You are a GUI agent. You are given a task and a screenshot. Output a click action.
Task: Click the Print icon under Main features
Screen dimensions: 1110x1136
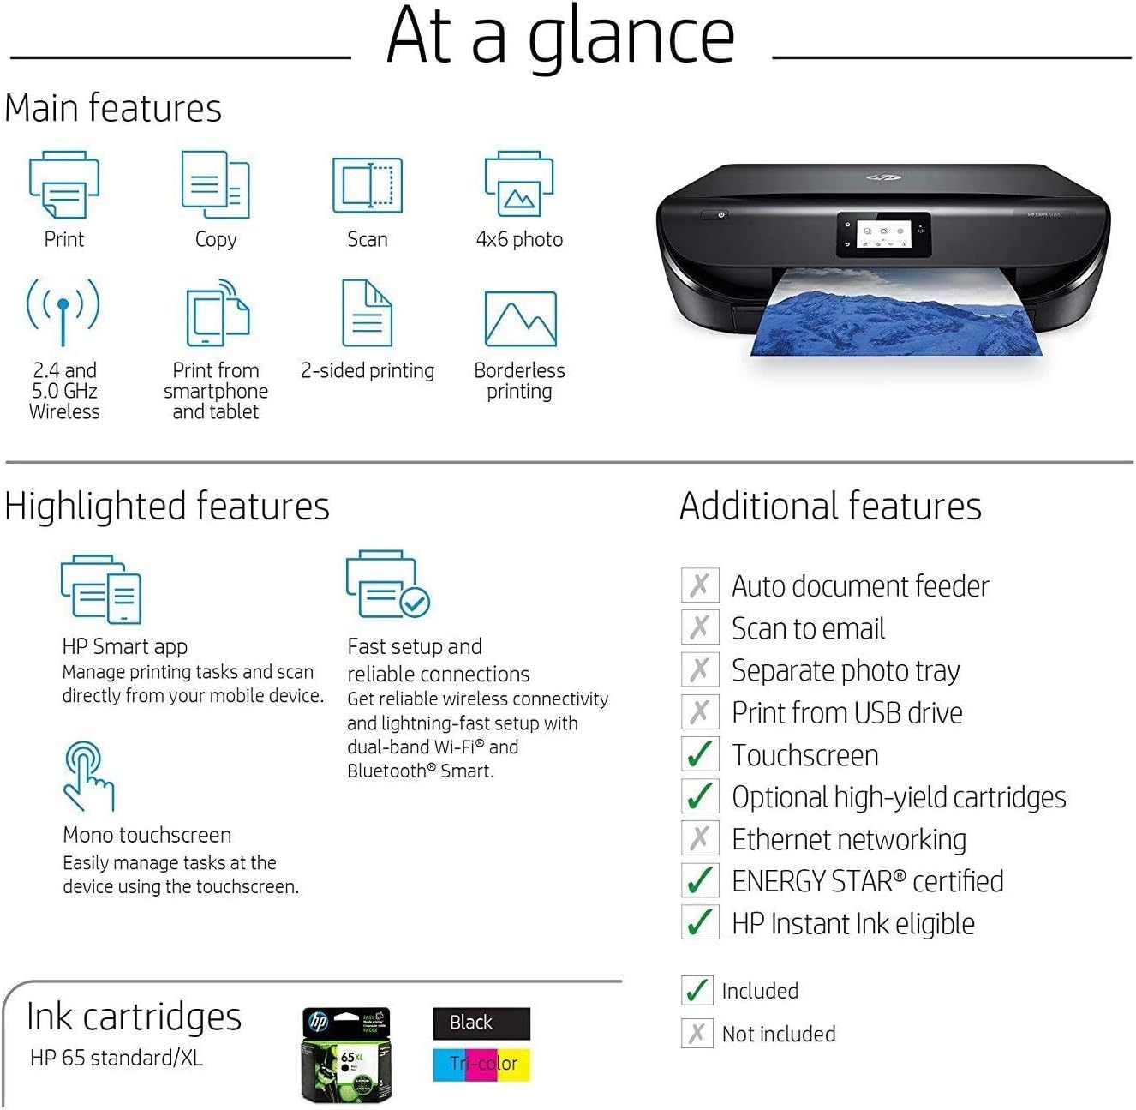coord(64,185)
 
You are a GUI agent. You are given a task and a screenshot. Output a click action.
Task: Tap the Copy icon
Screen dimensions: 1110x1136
coord(215,185)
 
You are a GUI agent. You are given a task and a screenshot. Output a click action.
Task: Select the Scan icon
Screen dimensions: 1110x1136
coord(367,185)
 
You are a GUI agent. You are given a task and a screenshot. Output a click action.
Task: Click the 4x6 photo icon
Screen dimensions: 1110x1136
coord(519,185)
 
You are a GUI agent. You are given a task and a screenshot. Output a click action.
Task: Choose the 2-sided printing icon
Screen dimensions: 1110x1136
coord(367,313)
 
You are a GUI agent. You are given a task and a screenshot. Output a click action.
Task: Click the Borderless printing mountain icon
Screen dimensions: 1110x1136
coord(520,319)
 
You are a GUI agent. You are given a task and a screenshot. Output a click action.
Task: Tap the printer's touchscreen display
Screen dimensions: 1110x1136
coord(882,234)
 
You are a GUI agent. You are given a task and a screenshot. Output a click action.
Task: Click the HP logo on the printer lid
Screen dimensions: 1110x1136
coord(883,177)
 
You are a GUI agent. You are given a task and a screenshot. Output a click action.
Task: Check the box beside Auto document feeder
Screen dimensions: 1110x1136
coord(699,585)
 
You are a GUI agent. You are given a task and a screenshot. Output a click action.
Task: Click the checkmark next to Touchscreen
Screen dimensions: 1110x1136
coord(699,754)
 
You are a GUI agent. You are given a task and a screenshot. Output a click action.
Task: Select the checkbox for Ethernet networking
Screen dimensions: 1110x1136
coord(699,838)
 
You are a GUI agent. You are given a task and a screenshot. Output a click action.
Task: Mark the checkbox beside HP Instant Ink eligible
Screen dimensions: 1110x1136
coord(699,922)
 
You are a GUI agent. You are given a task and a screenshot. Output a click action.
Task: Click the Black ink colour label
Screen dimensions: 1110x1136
coord(481,1023)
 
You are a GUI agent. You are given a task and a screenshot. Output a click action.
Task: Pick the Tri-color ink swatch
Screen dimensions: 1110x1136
coord(481,1064)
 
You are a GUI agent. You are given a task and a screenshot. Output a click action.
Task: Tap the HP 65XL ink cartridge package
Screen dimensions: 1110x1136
coord(347,1055)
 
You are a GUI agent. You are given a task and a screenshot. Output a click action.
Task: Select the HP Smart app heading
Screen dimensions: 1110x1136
coord(125,646)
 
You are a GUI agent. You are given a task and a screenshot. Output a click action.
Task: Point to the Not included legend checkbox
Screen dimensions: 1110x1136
coord(697,1033)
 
